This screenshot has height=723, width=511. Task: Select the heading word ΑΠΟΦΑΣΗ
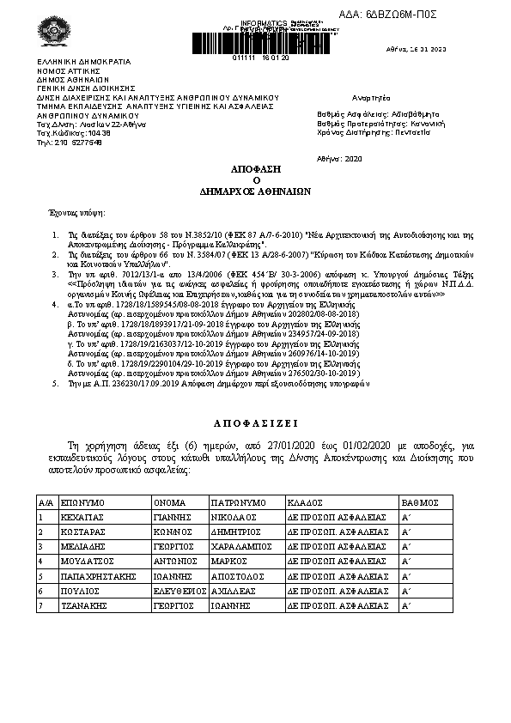255,171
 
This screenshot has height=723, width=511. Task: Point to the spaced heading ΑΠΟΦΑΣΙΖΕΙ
255,423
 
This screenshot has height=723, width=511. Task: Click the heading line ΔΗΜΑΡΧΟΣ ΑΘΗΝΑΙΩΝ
255,192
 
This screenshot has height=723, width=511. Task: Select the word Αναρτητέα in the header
371,100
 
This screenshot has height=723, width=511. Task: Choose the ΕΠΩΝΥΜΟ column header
82,501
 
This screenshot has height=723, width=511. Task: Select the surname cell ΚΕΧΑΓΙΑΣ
83,518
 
